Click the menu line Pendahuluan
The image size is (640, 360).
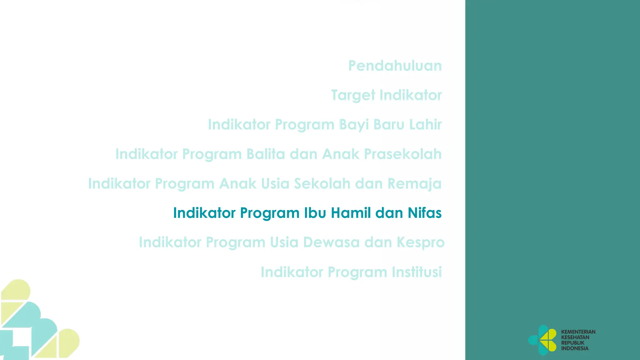point(395,66)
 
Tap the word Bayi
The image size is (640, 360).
point(354,124)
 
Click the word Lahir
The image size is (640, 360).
point(425,124)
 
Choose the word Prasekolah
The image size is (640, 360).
point(403,154)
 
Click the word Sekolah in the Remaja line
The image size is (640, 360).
point(322,183)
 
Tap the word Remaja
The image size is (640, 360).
point(414,183)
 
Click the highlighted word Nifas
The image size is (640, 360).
point(424,213)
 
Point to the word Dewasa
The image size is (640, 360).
point(332,242)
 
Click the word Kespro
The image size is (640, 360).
point(421,242)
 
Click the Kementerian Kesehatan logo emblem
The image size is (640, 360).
point(543,340)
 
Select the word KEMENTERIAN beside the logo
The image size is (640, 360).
point(578,332)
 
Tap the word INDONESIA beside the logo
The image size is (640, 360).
point(575,348)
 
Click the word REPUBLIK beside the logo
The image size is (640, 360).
point(572,343)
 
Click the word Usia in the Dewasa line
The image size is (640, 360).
point(284,242)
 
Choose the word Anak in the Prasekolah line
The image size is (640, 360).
point(341,154)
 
